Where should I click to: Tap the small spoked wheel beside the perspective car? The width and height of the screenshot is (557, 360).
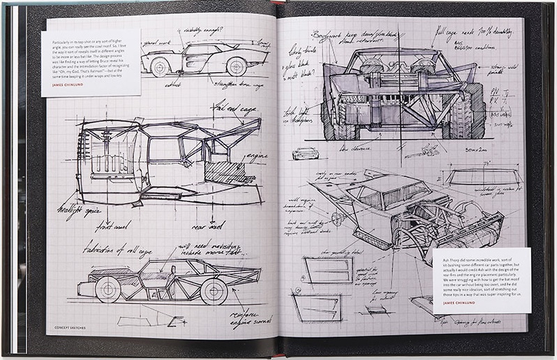pyautogui.click(x=337, y=218)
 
